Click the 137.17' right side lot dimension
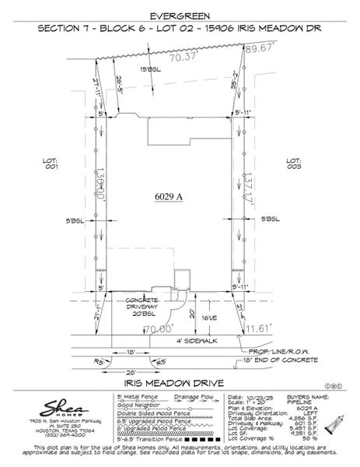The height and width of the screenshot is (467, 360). coord(247,188)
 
